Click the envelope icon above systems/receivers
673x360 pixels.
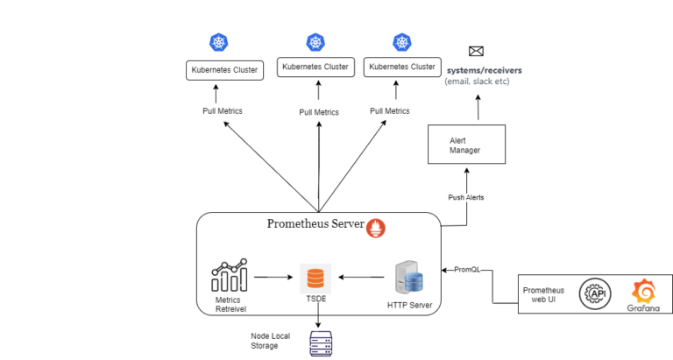pyautogui.click(x=476, y=52)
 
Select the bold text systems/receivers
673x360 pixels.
pyautogui.click(x=485, y=69)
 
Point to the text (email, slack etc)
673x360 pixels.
pyautogui.click(x=477, y=81)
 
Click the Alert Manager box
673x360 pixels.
pyautogui.click(x=466, y=145)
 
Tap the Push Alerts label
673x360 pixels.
pyautogui.click(x=466, y=198)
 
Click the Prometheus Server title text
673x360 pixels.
pyautogui.click(x=315, y=225)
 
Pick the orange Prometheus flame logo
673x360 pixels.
pyautogui.click(x=376, y=228)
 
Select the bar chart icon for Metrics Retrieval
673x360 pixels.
pyautogui.click(x=229, y=276)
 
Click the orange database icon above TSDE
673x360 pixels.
pyautogui.click(x=315, y=279)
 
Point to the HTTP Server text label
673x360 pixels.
pyautogui.click(x=409, y=306)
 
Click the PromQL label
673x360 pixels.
pyautogui.click(x=467, y=270)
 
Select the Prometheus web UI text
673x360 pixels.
pyautogui.click(x=543, y=295)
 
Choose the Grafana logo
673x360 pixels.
pyautogui.click(x=644, y=293)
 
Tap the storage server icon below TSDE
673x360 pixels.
pyautogui.click(x=320, y=344)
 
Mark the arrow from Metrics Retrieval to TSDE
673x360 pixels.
pyautogui.click(x=273, y=278)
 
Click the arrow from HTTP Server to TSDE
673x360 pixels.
pyautogui.click(x=361, y=278)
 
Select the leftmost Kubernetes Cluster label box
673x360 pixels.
pyautogui.click(x=225, y=70)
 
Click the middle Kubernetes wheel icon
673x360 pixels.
pyautogui.click(x=315, y=41)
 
